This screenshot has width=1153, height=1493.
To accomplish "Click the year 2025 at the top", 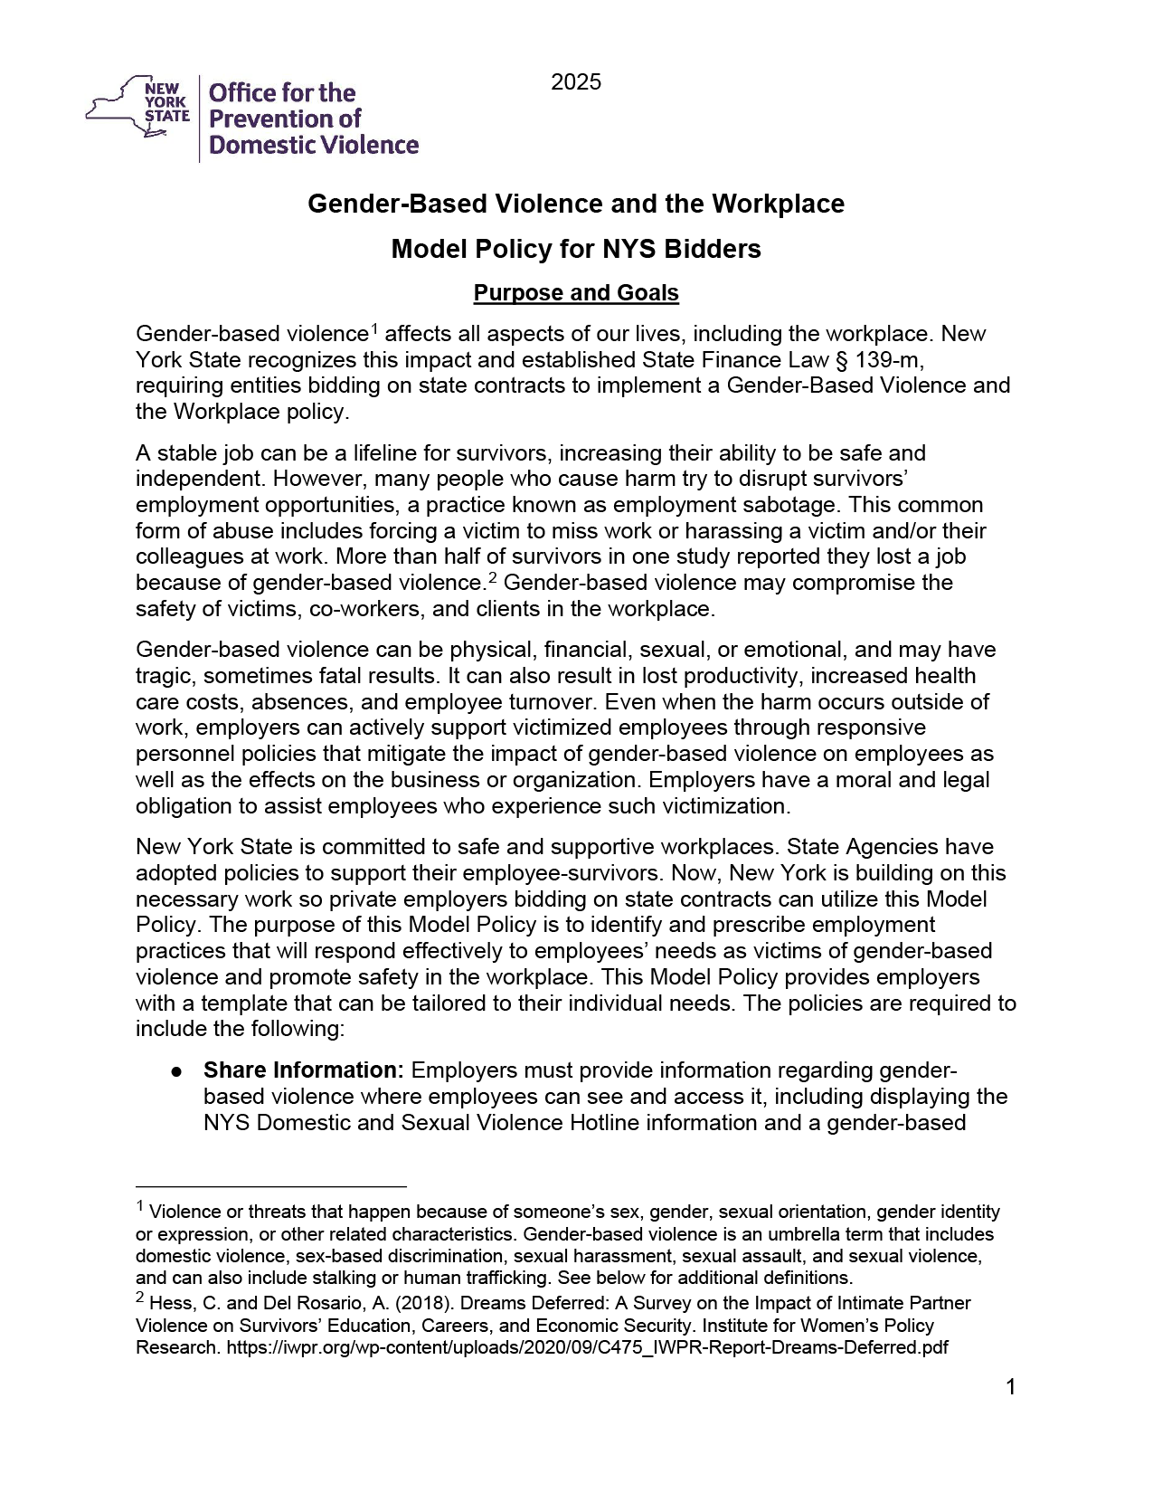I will [576, 83].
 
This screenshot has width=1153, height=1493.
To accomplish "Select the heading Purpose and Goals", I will [576, 293].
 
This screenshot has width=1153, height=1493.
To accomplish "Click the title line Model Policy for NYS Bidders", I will [576, 249].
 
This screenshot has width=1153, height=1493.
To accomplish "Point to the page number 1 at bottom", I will [1010, 1387].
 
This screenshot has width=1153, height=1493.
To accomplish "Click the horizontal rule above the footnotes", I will [271, 1185].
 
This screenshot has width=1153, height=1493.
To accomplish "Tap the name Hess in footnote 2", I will [167, 1304].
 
